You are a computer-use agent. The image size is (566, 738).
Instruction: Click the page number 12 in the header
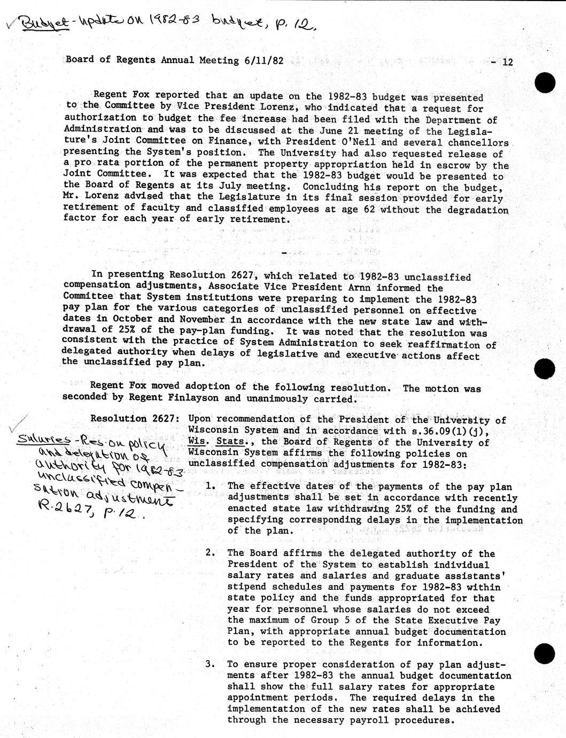coord(507,62)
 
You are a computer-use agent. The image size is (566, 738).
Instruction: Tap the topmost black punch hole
coord(546,83)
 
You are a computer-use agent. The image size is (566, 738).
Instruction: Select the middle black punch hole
coord(546,369)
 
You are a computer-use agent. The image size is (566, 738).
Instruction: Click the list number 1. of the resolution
coord(211,486)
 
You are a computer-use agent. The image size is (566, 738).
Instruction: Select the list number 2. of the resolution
coord(211,553)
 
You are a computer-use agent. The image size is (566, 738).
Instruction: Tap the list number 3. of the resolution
coord(211,664)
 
